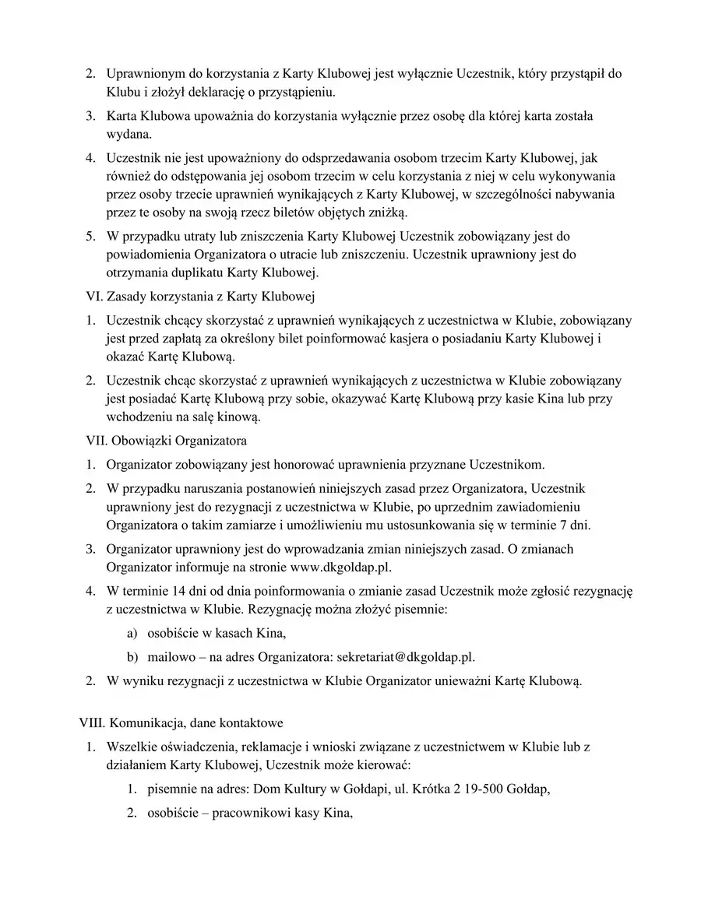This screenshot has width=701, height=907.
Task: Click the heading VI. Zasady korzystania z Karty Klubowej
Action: [x=199, y=297]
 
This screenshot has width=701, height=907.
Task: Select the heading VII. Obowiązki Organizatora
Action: [x=166, y=441]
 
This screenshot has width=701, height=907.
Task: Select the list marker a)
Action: [x=132, y=633]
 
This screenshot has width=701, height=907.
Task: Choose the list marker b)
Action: [x=132, y=656]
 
